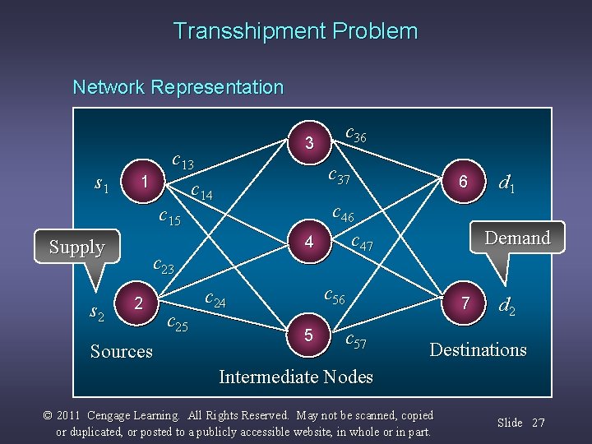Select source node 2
point(140,303)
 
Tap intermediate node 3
point(309,143)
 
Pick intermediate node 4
point(309,242)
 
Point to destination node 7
point(465,303)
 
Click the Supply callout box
point(76,247)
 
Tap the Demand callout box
point(516,238)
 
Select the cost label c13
point(183,160)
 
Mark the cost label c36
point(356,133)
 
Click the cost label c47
point(362,243)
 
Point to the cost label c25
point(177,323)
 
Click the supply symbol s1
point(102,185)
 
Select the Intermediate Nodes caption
point(295,377)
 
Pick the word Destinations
point(478,350)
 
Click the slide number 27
point(539,423)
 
